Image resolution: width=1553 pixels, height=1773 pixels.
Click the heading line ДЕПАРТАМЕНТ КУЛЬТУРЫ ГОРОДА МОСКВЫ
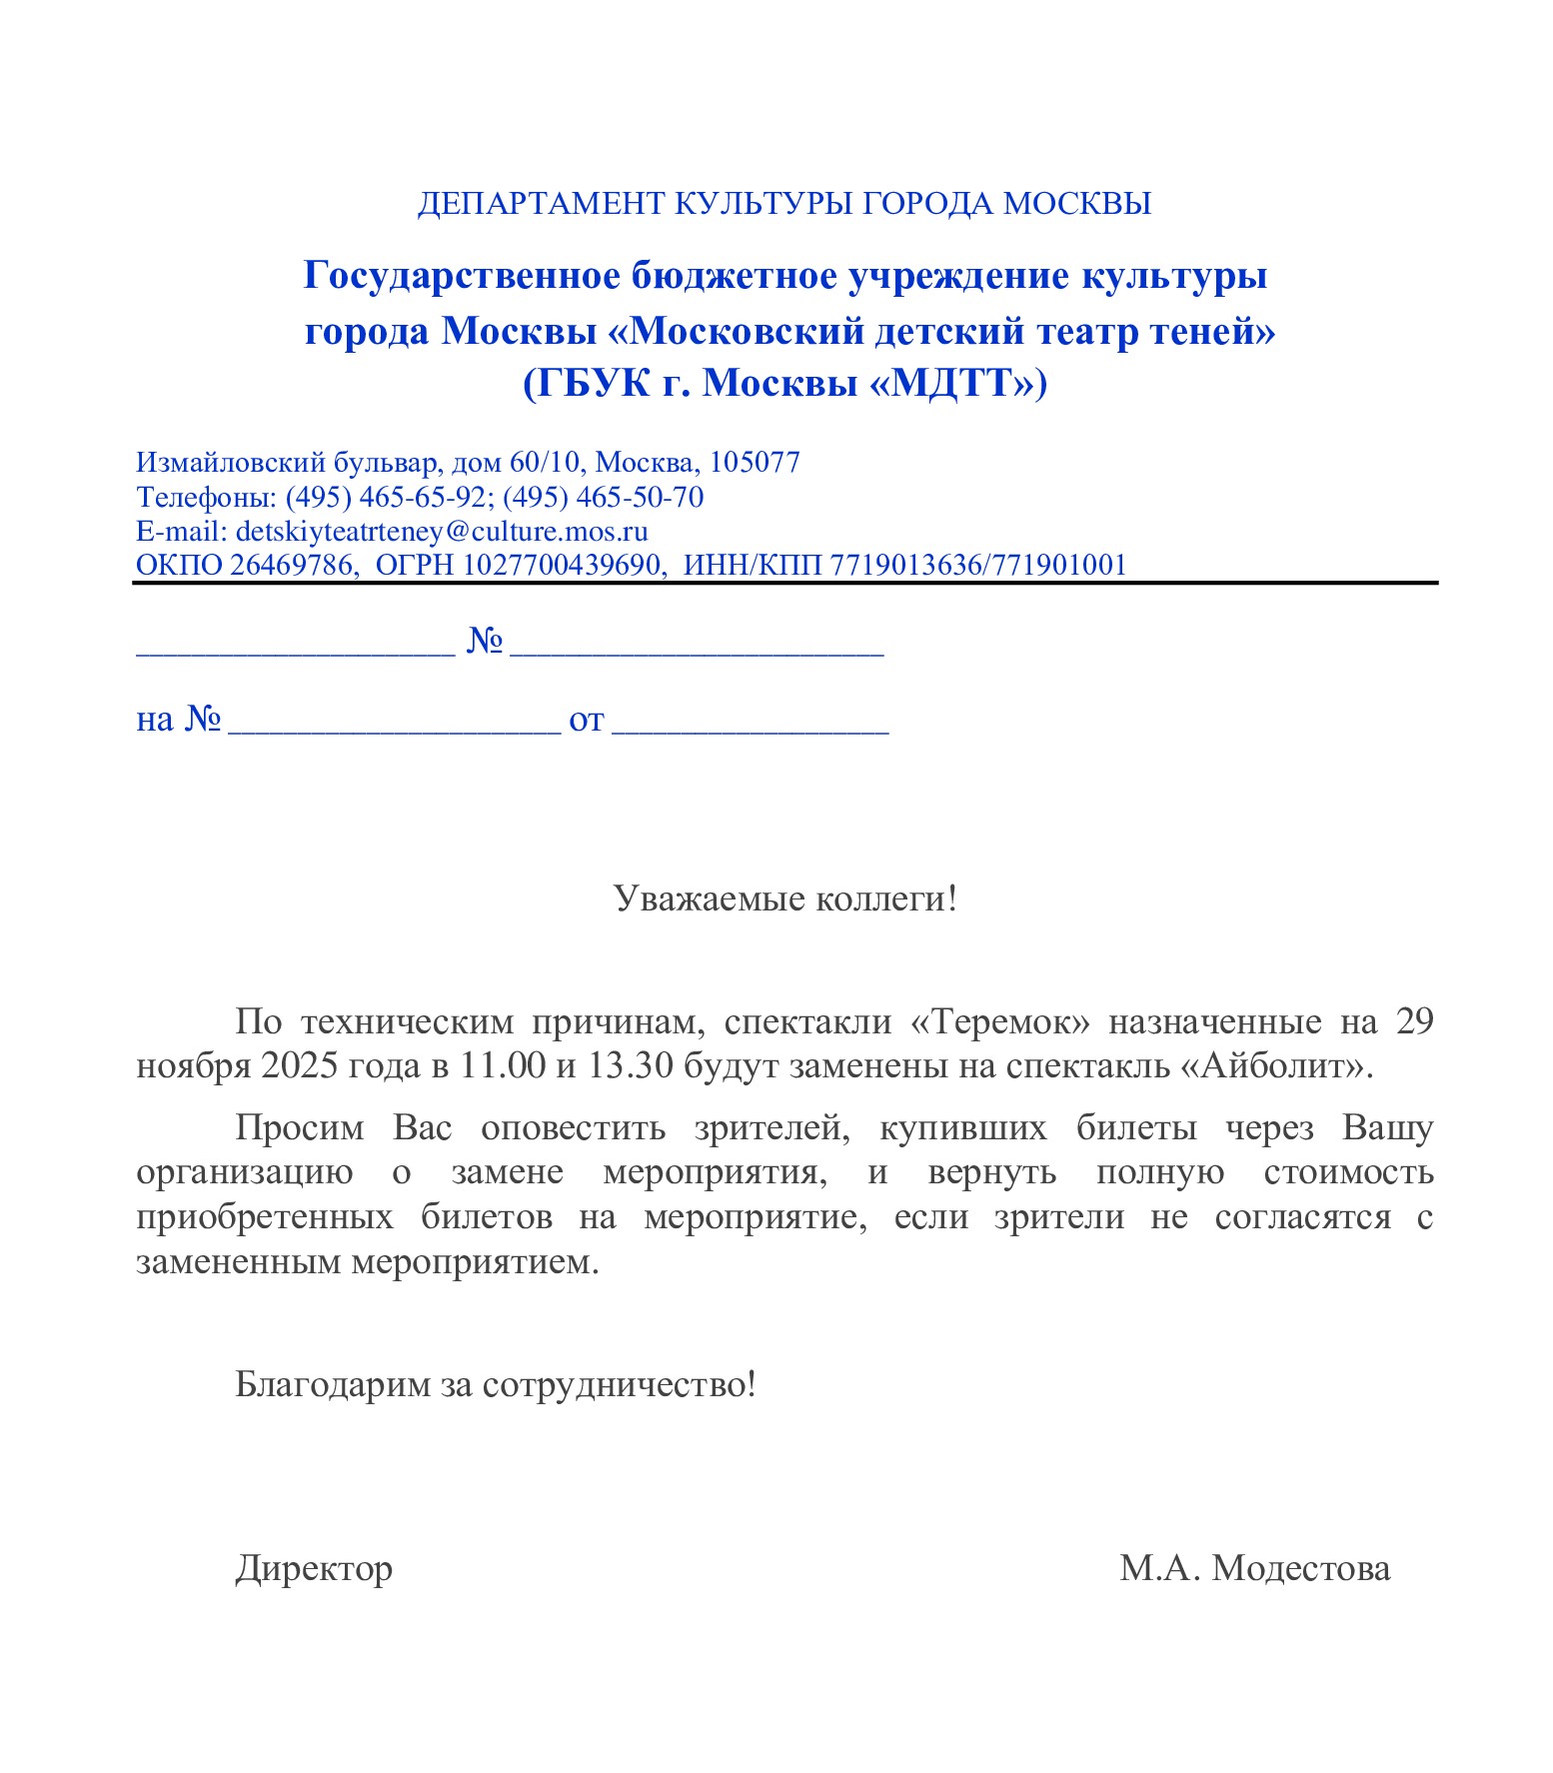click(783, 204)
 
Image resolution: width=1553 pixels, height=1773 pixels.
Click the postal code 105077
click(755, 463)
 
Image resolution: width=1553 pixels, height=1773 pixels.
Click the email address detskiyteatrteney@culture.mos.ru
click(442, 531)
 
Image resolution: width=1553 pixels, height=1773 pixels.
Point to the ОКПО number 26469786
click(291, 566)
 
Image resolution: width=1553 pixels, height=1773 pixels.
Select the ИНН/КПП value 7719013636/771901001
click(978, 566)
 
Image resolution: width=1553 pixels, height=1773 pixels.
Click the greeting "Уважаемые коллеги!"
click(784, 898)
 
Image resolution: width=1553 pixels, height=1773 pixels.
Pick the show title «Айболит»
click(1272, 1066)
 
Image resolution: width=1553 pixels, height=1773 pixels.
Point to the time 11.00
click(503, 1066)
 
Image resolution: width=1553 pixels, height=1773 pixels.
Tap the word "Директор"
click(314, 1569)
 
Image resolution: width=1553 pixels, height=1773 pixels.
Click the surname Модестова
click(1300, 1569)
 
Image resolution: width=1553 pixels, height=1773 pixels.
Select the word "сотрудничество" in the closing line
click(619, 1385)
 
